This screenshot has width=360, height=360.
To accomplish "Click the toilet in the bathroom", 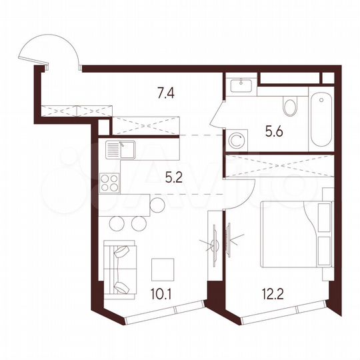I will click(x=290, y=107).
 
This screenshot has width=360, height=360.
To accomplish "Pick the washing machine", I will click(x=236, y=140).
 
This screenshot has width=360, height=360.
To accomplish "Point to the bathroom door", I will click(x=219, y=122).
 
